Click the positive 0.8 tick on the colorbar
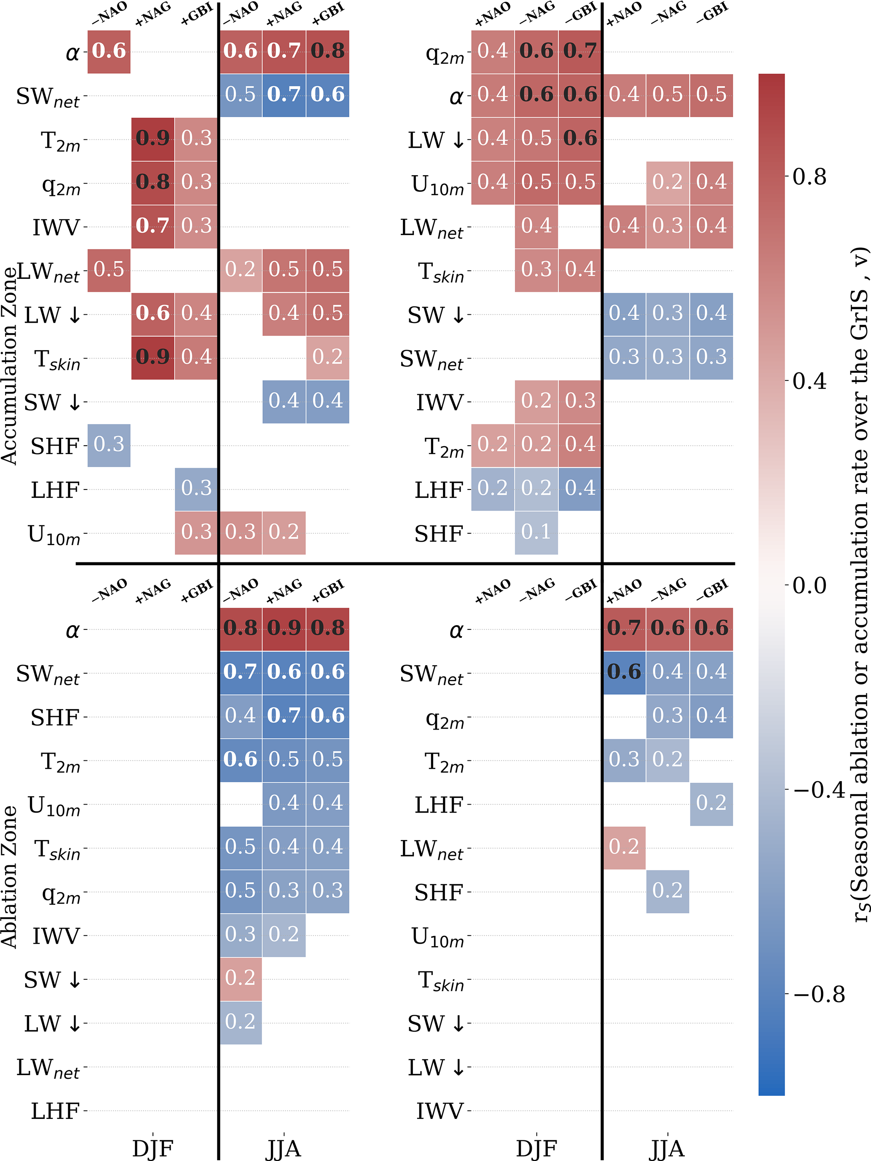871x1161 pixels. click(809, 177)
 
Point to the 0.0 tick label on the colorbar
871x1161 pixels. click(809, 585)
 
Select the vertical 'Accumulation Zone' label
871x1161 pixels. click(9, 365)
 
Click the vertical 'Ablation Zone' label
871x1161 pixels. click(9, 877)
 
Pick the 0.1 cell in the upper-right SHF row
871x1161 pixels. click(536, 532)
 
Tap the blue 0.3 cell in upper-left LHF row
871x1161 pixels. click(196, 489)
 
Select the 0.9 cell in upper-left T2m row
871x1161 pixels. click(153, 139)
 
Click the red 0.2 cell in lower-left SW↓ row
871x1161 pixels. click(241, 978)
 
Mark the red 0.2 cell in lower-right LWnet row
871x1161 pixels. click(624, 847)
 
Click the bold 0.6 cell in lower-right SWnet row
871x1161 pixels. click(624, 672)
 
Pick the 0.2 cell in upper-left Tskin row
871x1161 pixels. click(327, 357)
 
